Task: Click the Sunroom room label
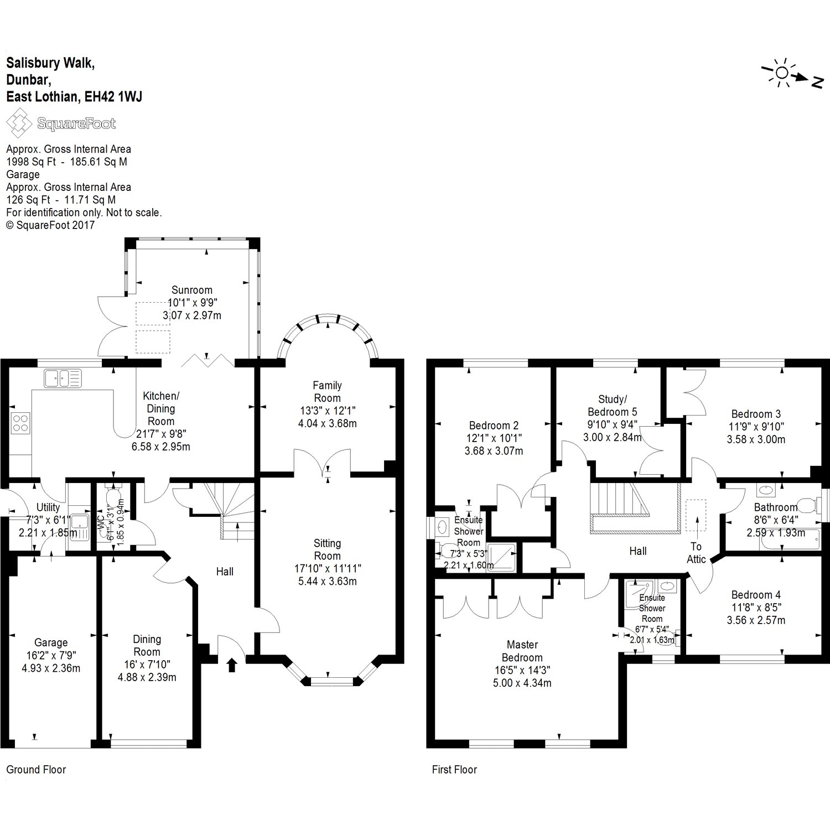[x=191, y=290]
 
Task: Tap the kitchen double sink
[x=62, y=378]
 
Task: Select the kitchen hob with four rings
[x=20, y=423]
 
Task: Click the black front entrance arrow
[x=232, y=664]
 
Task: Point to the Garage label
[x=51, y=642]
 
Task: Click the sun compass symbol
[x=781, y=74]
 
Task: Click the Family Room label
[x=327, y=391]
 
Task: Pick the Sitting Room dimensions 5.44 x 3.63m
[x=327, y=581]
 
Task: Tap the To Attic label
[x=696, y=553]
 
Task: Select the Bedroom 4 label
[x=756, y=595]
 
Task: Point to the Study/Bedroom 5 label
[x=612, y=405]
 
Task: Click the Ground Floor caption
[x=36, y=769]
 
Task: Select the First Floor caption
[x=454, y=769]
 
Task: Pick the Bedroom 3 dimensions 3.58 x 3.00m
[x=756, y=439]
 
